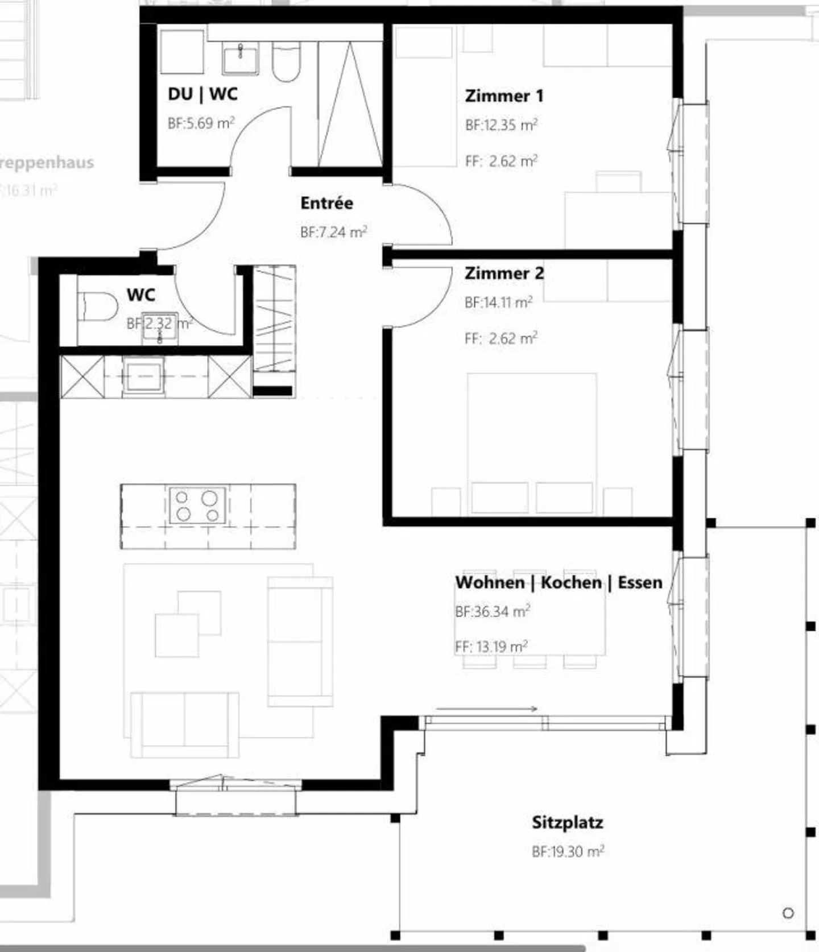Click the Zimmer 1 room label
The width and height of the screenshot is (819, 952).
pyautogui.click(x=504, y=96)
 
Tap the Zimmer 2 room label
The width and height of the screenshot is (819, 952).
pyautogui.click(x=504, y=273)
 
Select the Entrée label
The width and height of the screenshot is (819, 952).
pyautogui.click(x=326, y=203)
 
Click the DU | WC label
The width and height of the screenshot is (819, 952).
pyautogui.click(x=202, y=94)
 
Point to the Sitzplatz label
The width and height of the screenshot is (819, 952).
pyautogui.click(x=567, y=822)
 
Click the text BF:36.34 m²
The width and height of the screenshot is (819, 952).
pyautogui.click(x=493, y=612)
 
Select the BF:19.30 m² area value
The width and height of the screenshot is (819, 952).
pyautogui.click(x=567, y=852)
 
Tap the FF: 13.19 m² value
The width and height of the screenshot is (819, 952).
pyautogui.click(x=491, y=647)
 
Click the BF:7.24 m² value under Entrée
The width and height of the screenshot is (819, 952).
pyautogui.click(x=333, y=232)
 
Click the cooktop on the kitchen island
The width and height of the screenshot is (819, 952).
pyautogui.click(x=197, y=506)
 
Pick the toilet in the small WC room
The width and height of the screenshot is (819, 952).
pyautogui.click(x=97, y=307)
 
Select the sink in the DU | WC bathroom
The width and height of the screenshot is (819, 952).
pyautogui.click(x=240, y=59)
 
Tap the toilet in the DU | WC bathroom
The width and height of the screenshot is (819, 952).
pyautogui.click(x=286, y=61)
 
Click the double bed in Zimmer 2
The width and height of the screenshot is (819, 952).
pyautogui.click(x=532, y=444)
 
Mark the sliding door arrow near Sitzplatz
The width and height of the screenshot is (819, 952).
pyautogui.click(x=487, y=709)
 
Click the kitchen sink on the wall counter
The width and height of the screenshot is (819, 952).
pyautogui.click(x=143, y=375)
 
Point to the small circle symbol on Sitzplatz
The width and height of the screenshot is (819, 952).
pyautogui.click(x=788, y=913)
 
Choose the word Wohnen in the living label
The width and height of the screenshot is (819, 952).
pyautogui.click(x=489, y=582)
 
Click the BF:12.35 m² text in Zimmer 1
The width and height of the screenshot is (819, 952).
pyautogui.click(x=501, y=125)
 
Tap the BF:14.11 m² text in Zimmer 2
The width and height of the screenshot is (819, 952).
pyautogui.click(x=498, y=303)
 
